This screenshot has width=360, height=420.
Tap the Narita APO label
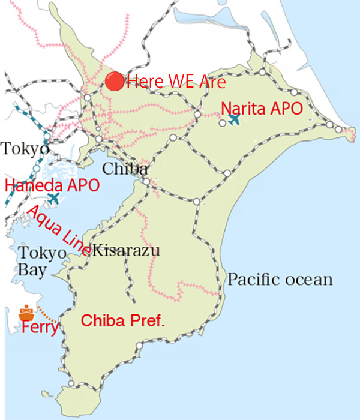tap(260, 109)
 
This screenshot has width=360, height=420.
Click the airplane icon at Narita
tap(234, 119)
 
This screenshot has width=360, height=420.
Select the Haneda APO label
tap(52, 185)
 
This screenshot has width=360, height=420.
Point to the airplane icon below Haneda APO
tap(53, 199)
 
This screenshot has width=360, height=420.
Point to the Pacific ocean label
tap(280, 280)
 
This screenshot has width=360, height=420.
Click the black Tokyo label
tap(24, 148)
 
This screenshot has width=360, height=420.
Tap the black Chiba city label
tap(125, 169)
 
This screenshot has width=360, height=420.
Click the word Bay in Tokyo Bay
tap(31, 271)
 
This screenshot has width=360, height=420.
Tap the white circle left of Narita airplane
tap(222, 122)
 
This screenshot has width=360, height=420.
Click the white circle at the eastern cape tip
tap(340, 130)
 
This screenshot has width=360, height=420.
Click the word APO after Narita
tap(285, 109)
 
